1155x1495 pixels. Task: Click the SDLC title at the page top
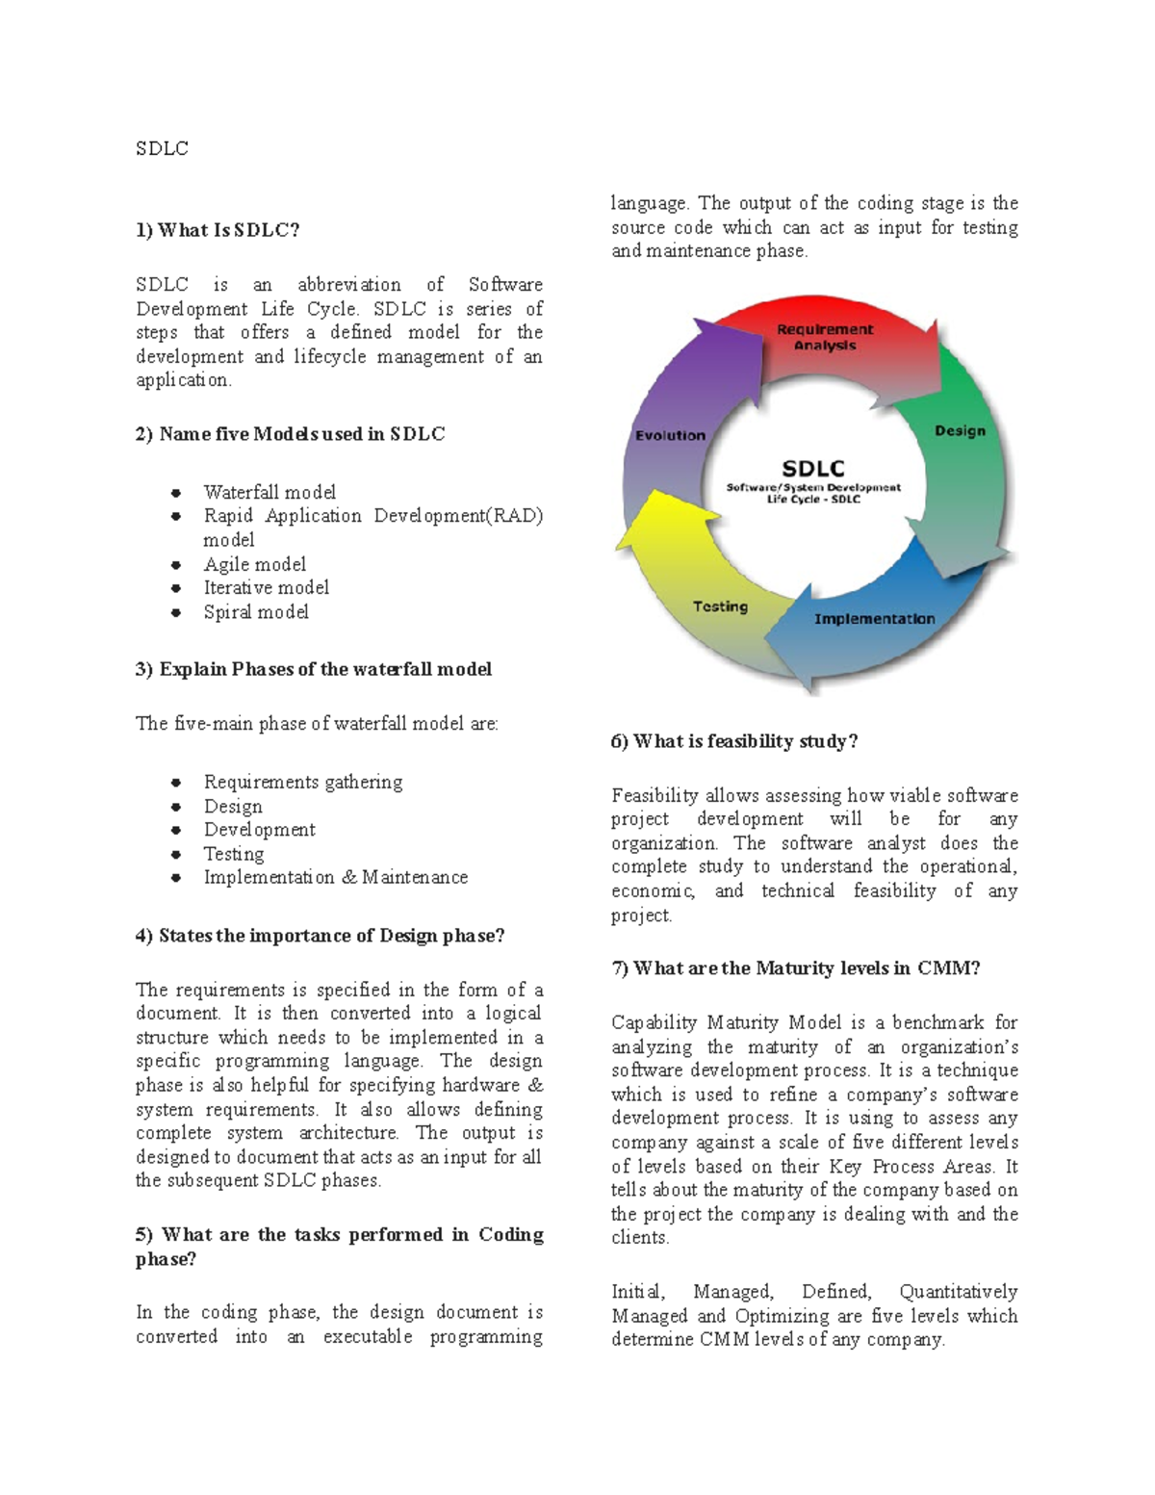[162, 148]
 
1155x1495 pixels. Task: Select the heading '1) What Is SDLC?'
[218, 230]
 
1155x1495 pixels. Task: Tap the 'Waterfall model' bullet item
[269, 492]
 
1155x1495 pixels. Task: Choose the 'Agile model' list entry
[254, 564]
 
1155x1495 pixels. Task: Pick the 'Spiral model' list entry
[256, 612]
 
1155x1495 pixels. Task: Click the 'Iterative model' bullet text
[266, 587]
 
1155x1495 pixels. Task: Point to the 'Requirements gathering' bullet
[302, 782]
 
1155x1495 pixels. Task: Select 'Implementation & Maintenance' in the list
[335, 877]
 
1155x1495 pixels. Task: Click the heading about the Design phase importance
[320, 936]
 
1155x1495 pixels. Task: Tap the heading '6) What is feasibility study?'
[733, 741]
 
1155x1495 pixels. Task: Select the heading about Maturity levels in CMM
[795, 968]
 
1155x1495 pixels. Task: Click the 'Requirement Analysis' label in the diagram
[825, 337]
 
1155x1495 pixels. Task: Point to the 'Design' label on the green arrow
[960, 430]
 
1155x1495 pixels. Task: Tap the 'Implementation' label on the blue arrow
[874, 619]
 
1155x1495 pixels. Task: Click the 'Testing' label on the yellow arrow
[720, 606]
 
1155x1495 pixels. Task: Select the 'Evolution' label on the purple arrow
[670, 435]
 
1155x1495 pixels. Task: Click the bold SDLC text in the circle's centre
[813, 469]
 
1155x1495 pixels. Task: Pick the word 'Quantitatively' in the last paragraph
[958, 1292]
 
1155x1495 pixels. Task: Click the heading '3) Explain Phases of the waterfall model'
[313, 669]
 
